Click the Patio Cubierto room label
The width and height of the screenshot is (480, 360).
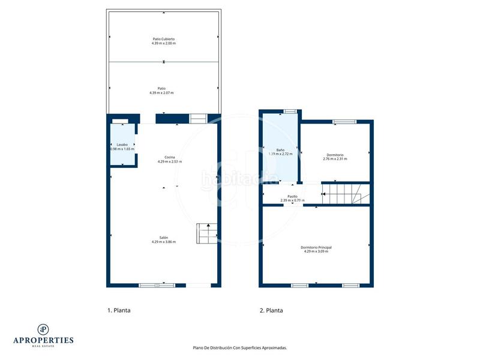163,39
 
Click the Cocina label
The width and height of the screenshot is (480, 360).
170,157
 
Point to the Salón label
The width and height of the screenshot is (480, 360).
163,238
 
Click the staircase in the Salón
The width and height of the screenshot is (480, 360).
206,233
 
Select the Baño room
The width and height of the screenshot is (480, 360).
280,150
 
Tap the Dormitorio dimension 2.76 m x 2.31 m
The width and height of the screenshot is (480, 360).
337,159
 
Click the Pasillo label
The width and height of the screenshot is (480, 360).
293,196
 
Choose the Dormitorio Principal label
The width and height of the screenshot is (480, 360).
316,247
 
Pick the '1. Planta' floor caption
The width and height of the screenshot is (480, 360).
119,311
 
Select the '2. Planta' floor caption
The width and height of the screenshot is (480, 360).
271,311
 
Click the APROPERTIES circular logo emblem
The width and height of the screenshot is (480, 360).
43,329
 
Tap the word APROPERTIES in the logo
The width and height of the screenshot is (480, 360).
43,340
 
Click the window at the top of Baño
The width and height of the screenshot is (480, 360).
290,110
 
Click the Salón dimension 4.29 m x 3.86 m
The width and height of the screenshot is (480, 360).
163,242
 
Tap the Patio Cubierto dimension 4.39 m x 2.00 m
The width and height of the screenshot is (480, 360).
163,44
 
